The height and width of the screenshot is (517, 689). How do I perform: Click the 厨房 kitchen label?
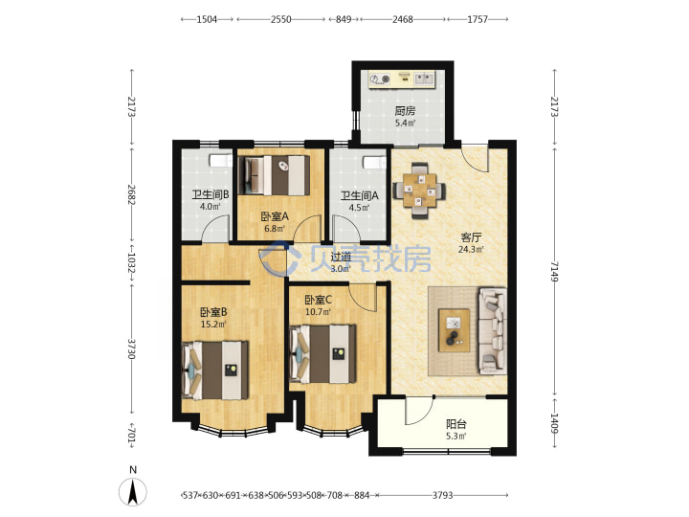pos(404,111)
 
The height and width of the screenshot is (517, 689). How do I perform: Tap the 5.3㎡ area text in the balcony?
pos(456,437)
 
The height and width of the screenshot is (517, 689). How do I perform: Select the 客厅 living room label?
pos(471,237)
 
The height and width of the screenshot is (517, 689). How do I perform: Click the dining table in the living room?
pos(420,190)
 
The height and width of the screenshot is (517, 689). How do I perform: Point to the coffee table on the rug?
pos(454,330)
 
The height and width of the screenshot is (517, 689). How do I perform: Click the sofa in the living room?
pos(493,330)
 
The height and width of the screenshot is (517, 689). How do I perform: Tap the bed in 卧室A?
pos(275,175)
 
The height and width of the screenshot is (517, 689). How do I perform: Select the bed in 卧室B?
pos(215,371)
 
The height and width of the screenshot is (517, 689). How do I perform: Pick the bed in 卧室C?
pos(323,354)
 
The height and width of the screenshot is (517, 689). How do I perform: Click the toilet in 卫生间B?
pos(220,161)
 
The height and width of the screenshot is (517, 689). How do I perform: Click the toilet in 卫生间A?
pos(375,163)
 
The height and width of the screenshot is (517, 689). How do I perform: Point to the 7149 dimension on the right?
pos(554,272)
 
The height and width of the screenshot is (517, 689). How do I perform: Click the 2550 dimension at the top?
pos(280,19)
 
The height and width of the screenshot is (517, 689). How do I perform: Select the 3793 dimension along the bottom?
pos(442,496)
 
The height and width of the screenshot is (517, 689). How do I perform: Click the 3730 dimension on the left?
pos(131,348)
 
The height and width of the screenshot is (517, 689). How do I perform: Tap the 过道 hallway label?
pos(341,258)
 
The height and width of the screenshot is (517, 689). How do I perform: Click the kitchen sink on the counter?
pos(424,79)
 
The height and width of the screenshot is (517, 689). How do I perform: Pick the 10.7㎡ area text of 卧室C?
pos(318,312)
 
